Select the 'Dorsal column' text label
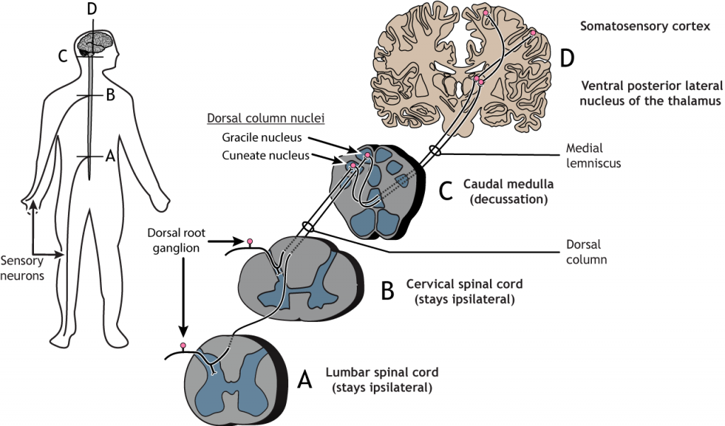583,252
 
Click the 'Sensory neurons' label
22,268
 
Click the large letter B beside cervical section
389,290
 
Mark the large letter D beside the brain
566,59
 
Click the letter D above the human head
90,9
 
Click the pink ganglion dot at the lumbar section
184,345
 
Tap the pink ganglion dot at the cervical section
249,243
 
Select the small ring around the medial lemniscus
434,151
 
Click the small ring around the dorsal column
307,226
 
